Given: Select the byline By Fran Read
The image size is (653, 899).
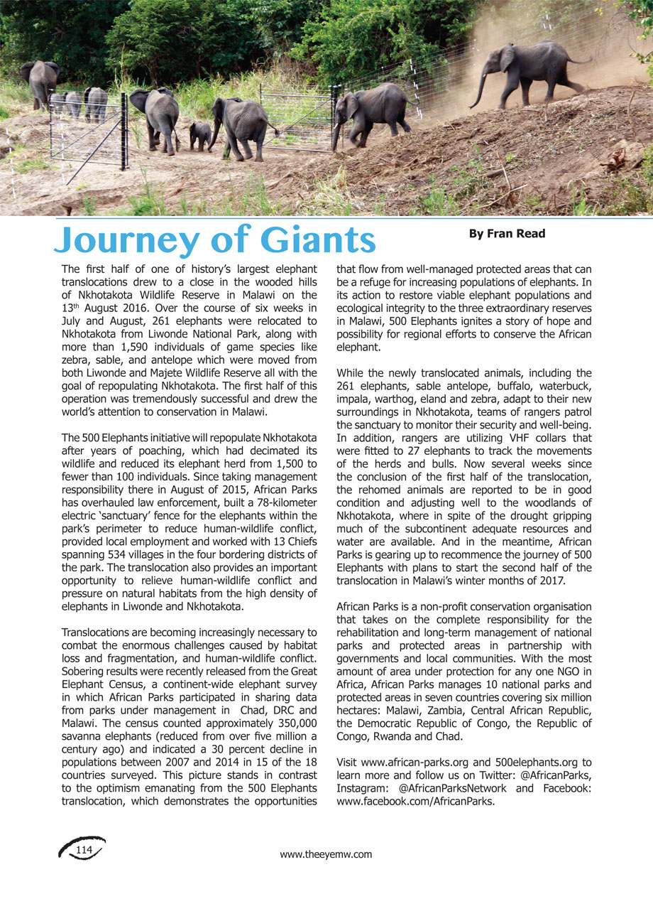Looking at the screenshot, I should (507, 234).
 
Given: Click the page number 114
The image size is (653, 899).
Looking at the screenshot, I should (84, 850).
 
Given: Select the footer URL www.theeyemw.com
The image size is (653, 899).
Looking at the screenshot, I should (326, 854).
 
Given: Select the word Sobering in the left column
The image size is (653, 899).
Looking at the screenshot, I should (84, 670).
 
